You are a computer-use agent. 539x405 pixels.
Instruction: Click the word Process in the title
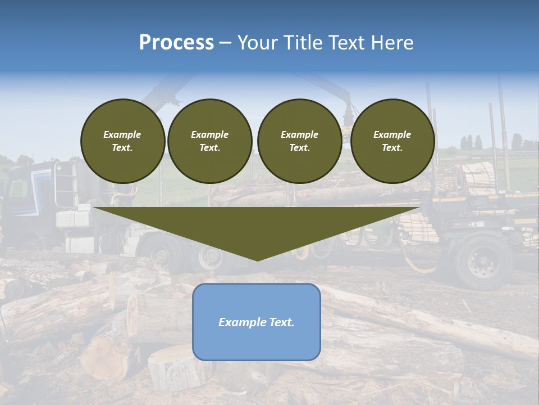point(176,43)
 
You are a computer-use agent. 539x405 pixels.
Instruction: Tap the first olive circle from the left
point(122,141)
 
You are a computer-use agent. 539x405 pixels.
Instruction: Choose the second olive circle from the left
point(209,141)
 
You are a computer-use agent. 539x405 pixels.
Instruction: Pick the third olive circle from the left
point(299,141)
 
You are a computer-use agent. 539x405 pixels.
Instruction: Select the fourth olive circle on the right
point(392,141)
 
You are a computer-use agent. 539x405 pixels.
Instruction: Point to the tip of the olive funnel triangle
point(257,260)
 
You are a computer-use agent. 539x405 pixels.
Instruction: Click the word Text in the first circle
point(122,148)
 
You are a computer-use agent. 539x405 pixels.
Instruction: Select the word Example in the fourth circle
point(392,134)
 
